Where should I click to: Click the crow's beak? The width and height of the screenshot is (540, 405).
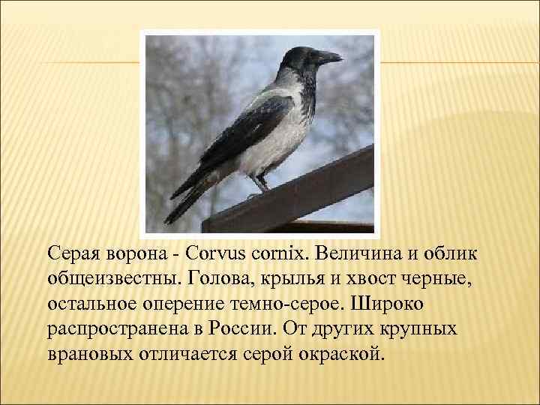click(328, 56)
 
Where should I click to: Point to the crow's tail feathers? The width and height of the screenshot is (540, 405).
click(187, 199)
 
